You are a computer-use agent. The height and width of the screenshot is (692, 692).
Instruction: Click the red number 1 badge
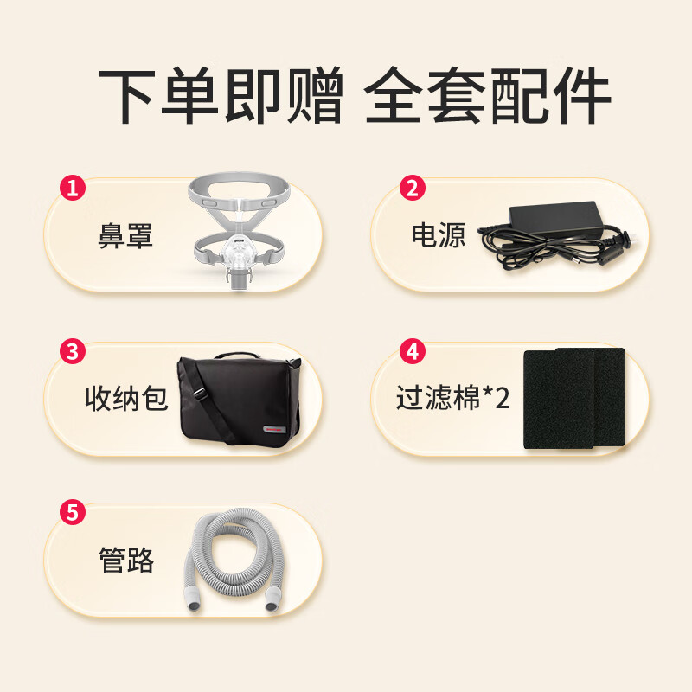pyautogui.click(x=73, y=187)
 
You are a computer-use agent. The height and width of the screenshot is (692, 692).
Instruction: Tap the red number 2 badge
pyautogui.click(x=413, y=187)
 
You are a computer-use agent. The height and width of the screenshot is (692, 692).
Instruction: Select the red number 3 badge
pyautogui.click(x=73, y=351)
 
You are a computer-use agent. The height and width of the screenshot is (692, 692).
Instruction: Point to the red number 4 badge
pyautogui.click(x=413, y=351)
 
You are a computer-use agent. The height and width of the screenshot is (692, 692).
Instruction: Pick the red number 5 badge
pyautogui.click(x=73, y=512)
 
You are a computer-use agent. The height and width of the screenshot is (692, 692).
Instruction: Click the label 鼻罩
pyautogui.click(x=125, y=235)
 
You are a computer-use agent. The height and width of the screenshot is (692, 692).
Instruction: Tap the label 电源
pyautogui.click(x=439, y=235)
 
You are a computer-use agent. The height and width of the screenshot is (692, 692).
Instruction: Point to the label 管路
pyautogui.click(x=126, y=561)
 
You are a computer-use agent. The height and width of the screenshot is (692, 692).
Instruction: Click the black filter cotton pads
pyautogui.click(x=573, y=398)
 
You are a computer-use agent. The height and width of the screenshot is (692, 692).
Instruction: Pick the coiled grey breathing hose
pyautogui.click(x=234, y=562)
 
